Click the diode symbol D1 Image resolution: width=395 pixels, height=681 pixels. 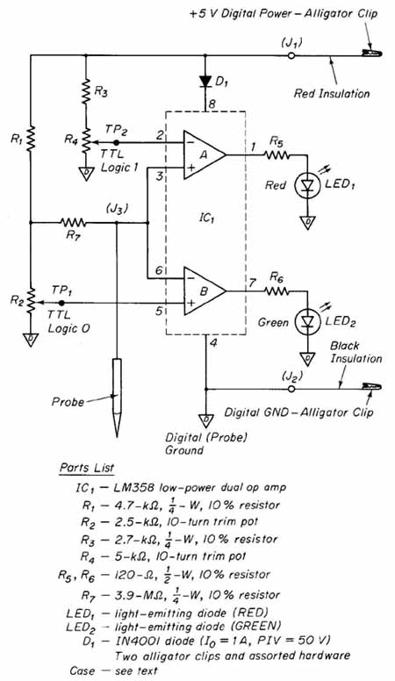[x=205, y=82]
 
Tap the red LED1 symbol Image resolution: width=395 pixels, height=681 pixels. [x=307, y=186]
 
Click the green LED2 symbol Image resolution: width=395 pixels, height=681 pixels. [x=307, y=322]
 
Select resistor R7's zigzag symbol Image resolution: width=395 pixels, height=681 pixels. [x=73, y=223]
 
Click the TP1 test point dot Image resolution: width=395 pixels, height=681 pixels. [x=61, y=303]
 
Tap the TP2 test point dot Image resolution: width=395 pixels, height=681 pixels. [x=116, y=142]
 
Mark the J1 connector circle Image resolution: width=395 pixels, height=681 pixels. [x=291, y=55]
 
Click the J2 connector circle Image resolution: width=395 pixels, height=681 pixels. [x=291, y=389]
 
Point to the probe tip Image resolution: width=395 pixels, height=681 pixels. [x=117, y=435]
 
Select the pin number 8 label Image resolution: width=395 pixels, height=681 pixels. [x=212, y=104]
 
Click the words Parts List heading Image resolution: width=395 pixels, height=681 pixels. [x=88, y=469]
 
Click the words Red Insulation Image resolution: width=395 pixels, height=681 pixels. [x=332, y=93]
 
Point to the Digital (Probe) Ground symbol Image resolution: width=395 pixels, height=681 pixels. [x=205, y=420]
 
